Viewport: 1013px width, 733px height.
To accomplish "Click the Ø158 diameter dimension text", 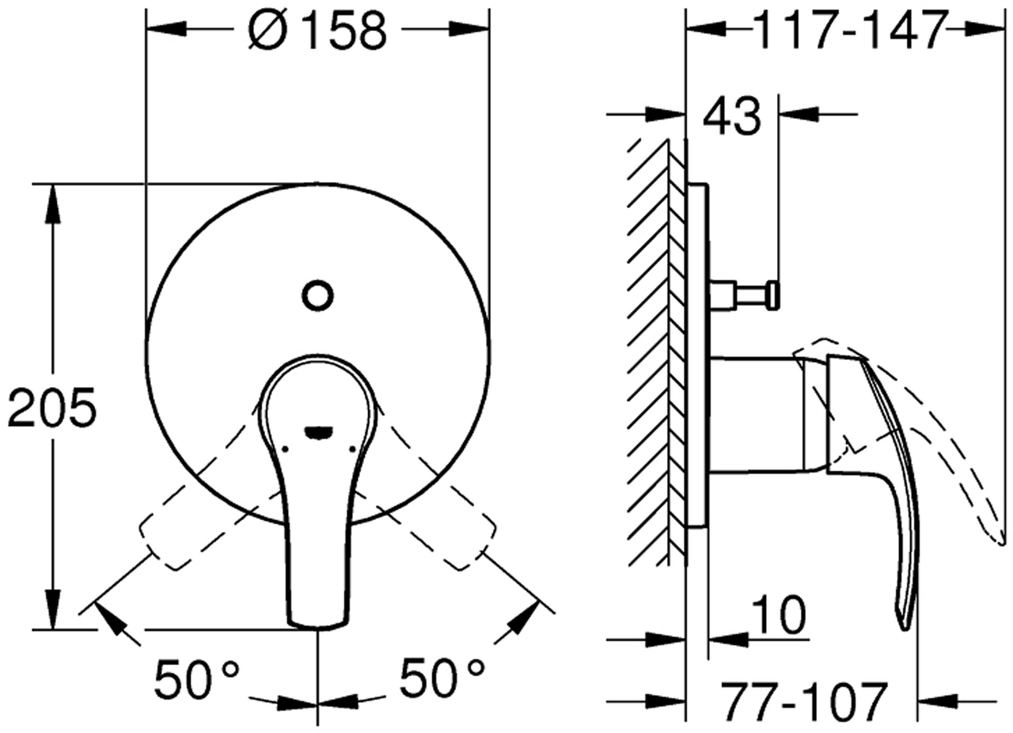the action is tap(317, 30).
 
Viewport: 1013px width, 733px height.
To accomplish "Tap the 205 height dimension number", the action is tap(52, 407).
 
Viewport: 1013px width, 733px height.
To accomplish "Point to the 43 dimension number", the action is tap(732, 116).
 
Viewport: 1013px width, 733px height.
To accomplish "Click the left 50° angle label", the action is tap(197, 678).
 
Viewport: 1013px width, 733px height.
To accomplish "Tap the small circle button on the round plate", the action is tap(317, 296).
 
